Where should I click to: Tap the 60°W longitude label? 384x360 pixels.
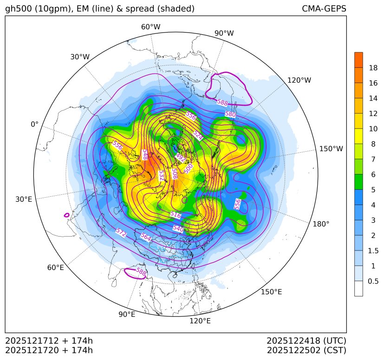click(150, 27)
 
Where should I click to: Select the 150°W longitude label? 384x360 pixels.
click(331, 149)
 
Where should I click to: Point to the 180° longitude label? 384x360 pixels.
click(321, 224)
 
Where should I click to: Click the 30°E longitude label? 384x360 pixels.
click(24, 199)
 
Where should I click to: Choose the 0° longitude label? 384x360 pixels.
click(35, 124)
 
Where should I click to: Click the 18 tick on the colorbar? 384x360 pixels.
click(373, 68)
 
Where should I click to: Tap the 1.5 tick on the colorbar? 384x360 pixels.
click(374, 251)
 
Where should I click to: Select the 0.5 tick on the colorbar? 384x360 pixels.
click(373, 281)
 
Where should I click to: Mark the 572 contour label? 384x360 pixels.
click(121, 233)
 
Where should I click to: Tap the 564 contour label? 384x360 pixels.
click(146, 237)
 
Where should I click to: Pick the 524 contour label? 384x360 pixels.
click(198, 135)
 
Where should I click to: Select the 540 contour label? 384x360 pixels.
click(178, 228)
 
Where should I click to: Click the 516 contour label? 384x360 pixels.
click(176, 215)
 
